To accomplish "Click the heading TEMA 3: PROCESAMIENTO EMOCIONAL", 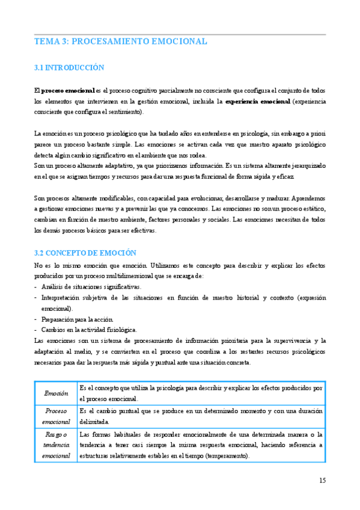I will pos(121,41).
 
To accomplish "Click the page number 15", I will pos(322,480).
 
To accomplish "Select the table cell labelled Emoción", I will pos(56,393).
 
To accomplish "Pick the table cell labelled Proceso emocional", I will pos(56,416).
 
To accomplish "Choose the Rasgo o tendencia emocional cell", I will pos(56,445).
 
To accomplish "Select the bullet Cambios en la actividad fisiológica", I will pos(90,330).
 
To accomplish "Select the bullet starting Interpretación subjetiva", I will pos(180,298).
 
